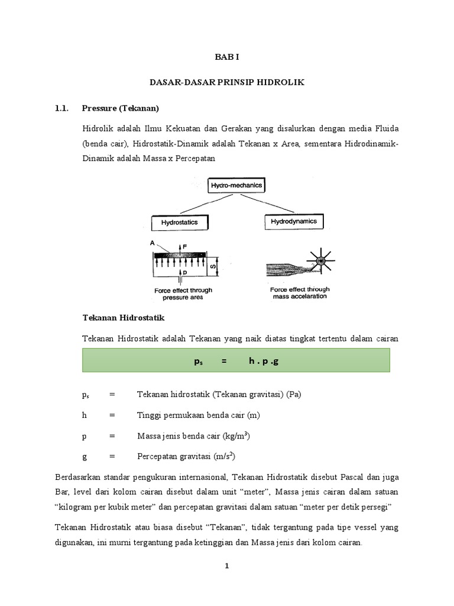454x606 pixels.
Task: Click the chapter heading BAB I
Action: pyautogui.click(x=226, y=58)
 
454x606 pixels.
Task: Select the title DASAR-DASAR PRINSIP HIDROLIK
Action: pyautogui.click(x=226, y=83)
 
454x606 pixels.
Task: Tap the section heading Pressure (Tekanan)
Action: pyautogui.click(x=121, y=108)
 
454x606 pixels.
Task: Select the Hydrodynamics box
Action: pyautogui.click(x=294, y=222)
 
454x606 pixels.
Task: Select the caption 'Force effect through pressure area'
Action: pyautogui.click(x=183, y=295)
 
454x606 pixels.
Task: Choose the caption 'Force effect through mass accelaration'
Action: pyautogui.click(x=300, y=293)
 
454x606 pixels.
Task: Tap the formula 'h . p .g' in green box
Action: pyautogui.click(x=262, y=360)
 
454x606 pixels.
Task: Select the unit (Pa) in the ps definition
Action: pyautogui.click(x=293, y=395)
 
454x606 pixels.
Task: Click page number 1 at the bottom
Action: pyautogui.click(x=226, y=566)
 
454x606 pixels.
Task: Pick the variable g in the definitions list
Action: pyautogui.click(x=85, y=456)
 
